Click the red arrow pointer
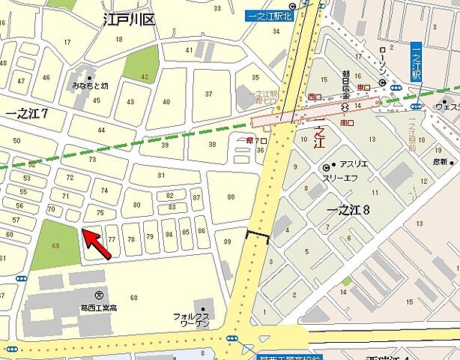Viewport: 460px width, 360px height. (x=97, y=244)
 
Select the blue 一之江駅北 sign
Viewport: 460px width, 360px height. (x=267, y=15)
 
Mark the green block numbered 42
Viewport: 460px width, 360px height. (x=142, y=66)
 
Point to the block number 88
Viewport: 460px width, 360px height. (x=230, y=196)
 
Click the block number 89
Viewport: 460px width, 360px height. (x=226, y=241)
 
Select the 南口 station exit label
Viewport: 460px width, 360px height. (x=346, y=121)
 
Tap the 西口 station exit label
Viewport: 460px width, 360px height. (x=314, y=97)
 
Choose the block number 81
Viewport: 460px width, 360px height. (x=161, y=176)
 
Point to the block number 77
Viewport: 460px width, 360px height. (x=112, y=240)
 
